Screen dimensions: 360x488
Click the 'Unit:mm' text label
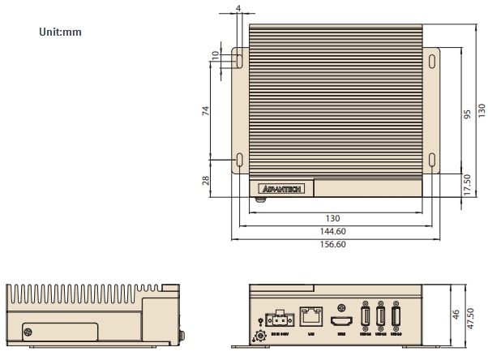point(60,32)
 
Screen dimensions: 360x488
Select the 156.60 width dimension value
point(333,244)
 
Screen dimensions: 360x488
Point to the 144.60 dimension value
point(333,231)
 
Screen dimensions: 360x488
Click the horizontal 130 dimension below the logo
point(333,218)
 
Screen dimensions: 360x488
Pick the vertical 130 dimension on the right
point(481,109)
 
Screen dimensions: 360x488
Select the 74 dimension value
point(205,110)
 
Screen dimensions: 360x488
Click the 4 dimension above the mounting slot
point(238,9)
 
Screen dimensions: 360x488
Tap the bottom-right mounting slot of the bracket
point(431,160)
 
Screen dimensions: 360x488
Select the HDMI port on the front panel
point(339,322)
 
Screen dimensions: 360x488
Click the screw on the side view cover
point(28,332)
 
